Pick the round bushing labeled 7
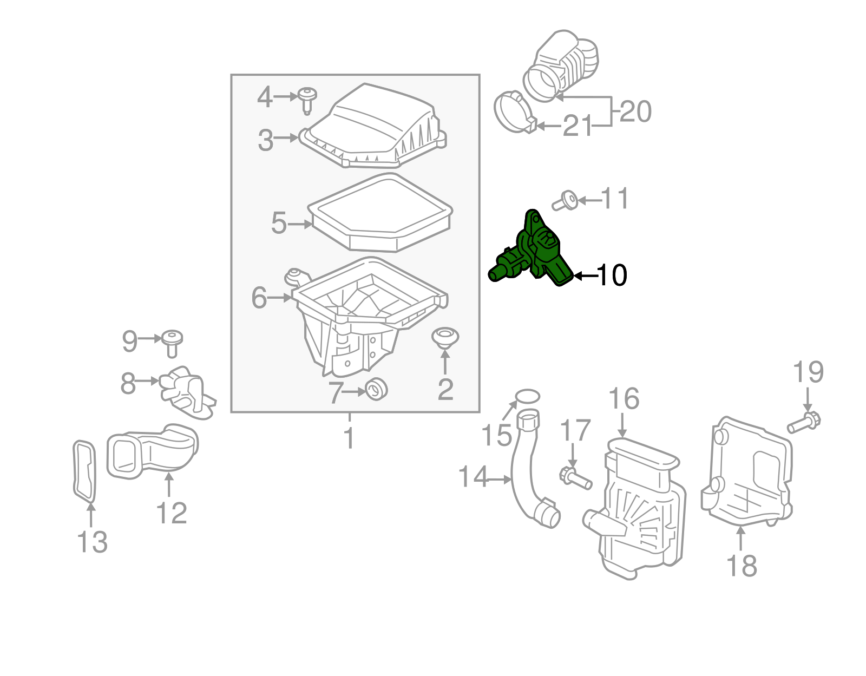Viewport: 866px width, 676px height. click(x=377, y=389)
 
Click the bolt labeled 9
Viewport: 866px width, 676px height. click(x=173, y=343)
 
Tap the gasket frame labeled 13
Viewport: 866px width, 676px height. click(x=84, y=471)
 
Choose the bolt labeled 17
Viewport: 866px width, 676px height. click(x=575, y=478)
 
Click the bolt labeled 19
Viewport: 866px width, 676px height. click(x=804, y=422)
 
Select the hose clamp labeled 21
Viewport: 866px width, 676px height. click(x=515, y=114)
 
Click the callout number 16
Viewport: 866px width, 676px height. click(x=624, y=399)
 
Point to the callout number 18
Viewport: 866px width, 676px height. click(x=741, y=566)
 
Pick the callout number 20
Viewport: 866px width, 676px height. click(x=635, y=111)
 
